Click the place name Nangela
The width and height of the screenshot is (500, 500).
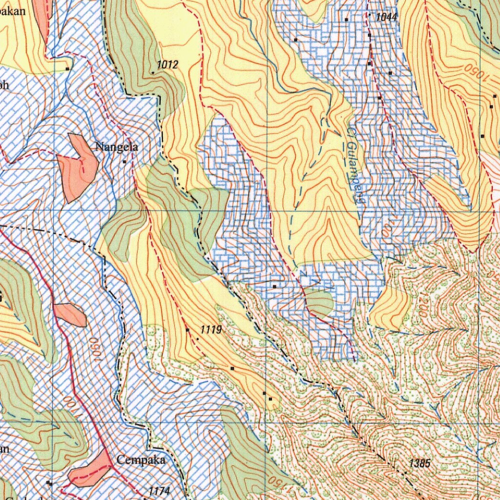pos(117,147)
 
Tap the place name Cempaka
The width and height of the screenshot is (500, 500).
pos(141,460)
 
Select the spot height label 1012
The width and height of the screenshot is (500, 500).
pos(167,65)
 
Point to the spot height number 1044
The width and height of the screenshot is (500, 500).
pos(387,17)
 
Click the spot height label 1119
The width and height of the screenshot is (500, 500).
pos(211,331)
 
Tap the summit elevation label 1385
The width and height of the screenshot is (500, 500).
pos(420,463)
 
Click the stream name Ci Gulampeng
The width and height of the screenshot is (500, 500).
pos(356,166)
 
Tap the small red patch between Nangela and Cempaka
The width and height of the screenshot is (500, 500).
pos(70,314)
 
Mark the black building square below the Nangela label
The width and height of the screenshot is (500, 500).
pos(125,161)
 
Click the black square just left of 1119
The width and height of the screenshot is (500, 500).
pos(188,331)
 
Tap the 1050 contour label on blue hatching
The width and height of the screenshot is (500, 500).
pos(94,347)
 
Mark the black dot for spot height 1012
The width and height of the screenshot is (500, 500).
pos(153,72)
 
